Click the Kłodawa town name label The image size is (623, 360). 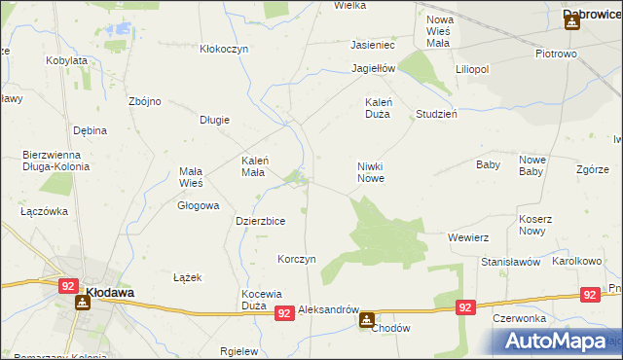[109, 291]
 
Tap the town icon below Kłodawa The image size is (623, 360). [82, 302]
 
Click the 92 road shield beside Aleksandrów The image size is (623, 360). [283, 312]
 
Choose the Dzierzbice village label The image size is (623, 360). [260, 221]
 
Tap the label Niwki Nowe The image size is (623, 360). [371, 172]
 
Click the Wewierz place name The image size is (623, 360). [467, 237]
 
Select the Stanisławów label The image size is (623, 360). [510, 262]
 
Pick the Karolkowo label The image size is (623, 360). [577, 262]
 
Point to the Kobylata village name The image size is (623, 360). [67, 60]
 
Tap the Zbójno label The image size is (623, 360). [145, 101]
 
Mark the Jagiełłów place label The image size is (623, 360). [374, 69]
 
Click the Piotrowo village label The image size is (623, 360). [557, 54]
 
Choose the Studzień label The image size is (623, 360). [436, 113]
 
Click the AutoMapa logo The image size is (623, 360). [554, 342]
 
